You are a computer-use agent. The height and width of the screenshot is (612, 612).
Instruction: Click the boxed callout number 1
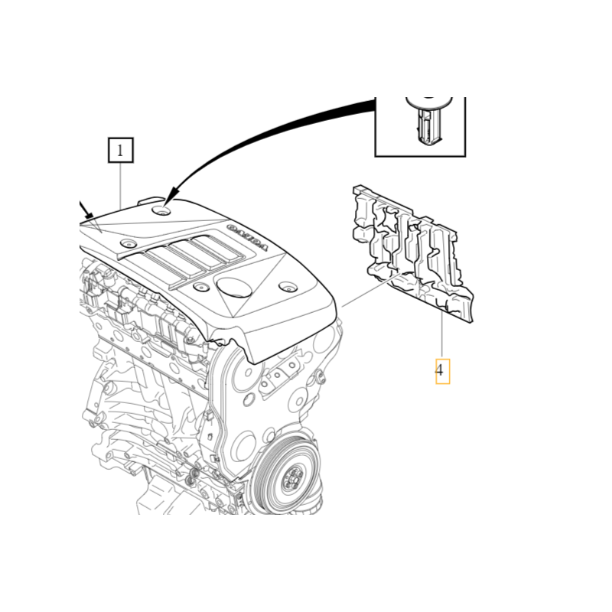point(121,151)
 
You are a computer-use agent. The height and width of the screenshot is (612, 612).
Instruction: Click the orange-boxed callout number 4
point(442,372)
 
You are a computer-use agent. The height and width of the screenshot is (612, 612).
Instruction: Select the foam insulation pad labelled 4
point(413,252)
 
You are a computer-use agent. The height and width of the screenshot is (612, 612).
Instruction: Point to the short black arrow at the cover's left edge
point(86,211)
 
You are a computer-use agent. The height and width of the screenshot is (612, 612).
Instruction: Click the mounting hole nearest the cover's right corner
point(287,288)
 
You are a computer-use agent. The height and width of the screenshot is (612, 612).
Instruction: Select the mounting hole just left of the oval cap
point(201,288)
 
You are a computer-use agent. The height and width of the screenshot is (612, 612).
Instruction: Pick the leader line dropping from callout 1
point(121,184)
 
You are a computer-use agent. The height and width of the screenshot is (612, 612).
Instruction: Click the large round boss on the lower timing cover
point(244,444)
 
